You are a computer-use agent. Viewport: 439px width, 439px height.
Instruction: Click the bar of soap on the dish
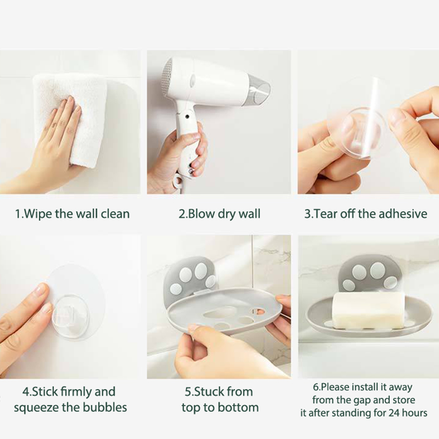pyautogui.click(x=368, y=310)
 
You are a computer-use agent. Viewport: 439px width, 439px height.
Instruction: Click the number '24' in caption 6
pyautogui.click(x=393, y=413)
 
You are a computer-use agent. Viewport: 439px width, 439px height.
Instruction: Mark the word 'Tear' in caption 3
pyautogui.click(x=322, y=214)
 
